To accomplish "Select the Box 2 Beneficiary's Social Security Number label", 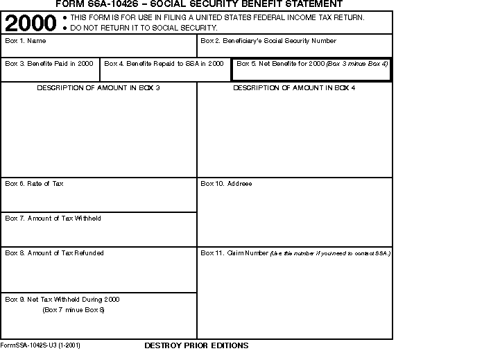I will pyautogui.click(x=268, y=42).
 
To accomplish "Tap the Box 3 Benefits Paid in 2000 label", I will pyautogui.click(x=49, y=64).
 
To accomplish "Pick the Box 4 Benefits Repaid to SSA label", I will pyautogui.click(x=164, y=64).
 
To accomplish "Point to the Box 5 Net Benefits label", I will pyautogui.click(x=312, y=64).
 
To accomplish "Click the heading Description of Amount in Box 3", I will pyautogui.click(x=98, y=89).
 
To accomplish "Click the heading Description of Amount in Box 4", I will pyautogui.click(x=294, y=89).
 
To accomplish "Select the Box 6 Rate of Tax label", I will pyautogui.click(x=35, y=184).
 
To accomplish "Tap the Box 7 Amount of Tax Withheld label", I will pyautogui.click(x=53, y=218).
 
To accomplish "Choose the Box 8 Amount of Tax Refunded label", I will pyautogui.click(x=55, y=253).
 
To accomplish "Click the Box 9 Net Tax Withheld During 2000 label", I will pyautogui.click(x=62, y=300).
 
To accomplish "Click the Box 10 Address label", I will pyautogui.click(x=226, y=184).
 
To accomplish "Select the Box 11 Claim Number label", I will pyautogui.click(x=295, y=253).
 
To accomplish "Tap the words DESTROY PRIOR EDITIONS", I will pyautogui.click(x=196, y=345).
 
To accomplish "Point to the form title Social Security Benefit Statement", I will pyautogui.click(x=198, y=4).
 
